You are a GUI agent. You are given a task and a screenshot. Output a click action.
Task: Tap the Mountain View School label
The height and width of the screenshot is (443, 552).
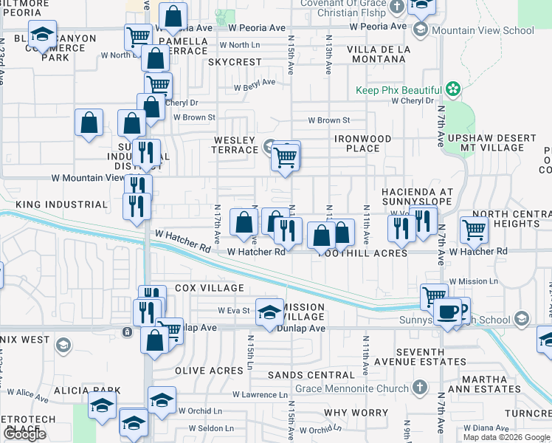tap(483, 30)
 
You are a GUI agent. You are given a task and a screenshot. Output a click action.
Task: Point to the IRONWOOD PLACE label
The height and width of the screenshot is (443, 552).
tap(362, 143)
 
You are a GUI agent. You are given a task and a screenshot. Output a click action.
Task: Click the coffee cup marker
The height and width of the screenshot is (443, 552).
tap(447, 312)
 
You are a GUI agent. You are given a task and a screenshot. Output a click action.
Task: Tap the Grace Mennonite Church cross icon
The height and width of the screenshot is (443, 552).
tap(419, 388)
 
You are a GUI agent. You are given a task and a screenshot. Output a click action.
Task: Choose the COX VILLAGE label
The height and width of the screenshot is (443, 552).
tap(209, 288)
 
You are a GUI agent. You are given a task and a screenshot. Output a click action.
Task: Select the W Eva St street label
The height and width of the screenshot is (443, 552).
tap(235, 311)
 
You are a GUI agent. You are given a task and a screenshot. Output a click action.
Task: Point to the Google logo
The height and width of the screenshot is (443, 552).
tap(24, 434)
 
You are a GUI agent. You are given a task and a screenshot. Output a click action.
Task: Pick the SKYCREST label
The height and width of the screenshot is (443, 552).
tap(235, 63)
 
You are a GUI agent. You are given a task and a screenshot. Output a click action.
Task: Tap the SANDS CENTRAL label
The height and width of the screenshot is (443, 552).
tap(300, 375)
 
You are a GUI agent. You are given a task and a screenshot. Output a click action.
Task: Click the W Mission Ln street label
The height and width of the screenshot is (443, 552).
tap(477, 281)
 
